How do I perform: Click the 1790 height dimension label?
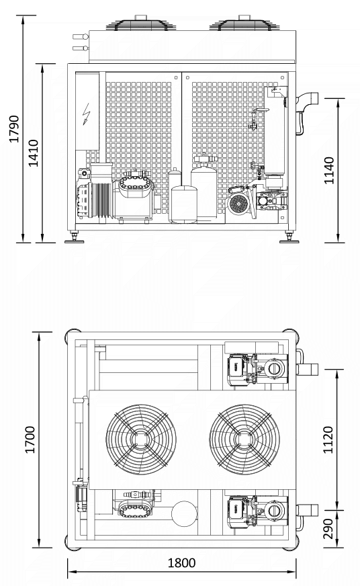tap(14, 129)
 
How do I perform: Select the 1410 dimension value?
tap(34, 153)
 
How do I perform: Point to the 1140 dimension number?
tap(329, 171)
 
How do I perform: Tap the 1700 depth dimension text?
tap(30, 439)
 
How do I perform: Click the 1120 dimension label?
tap(328, 439)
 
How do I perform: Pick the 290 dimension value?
tap(328, 528)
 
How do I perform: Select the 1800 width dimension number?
tap(181, 563)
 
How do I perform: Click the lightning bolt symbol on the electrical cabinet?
tap(87, 114)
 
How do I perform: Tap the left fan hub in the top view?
tap(141, 439)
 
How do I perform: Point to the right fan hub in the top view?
tap(244, 439)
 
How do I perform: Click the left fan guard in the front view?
tap(141, 24)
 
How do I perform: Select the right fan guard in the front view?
tap(244, 24)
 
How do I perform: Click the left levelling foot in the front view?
tap(75, 239)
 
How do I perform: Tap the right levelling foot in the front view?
tap(289, 239)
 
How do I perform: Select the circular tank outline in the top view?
tap(184, 513)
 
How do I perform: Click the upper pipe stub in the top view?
tap(308, 369)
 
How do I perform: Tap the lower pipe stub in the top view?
tap(308, 510)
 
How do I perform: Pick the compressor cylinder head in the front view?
tap(136, 185)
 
